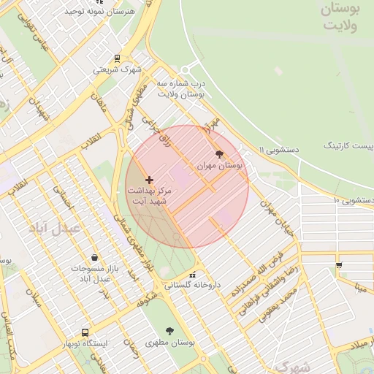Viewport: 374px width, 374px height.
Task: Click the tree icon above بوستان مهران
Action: tap(220, 153)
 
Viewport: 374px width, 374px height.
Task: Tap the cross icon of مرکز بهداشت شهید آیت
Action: tap(150, 179)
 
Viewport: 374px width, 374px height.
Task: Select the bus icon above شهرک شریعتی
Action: tap(117, 58)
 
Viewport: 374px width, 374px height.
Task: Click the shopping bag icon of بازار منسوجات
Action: tap(95, 257)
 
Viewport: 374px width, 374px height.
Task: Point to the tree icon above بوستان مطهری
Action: tap(170, 331)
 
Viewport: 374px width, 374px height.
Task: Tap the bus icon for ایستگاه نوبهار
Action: tap(85, 332)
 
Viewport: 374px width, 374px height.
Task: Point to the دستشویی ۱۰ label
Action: tap(354, 199)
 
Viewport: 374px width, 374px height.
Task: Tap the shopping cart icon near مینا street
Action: tap(338, 264)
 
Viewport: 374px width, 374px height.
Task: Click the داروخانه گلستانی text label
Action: tap(192, 284)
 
